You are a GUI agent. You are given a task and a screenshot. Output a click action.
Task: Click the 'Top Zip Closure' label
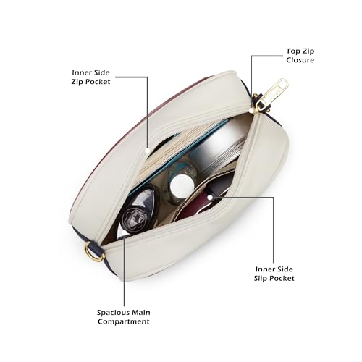coord(300,56)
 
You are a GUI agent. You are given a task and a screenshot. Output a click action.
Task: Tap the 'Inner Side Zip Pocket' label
coord(90,77)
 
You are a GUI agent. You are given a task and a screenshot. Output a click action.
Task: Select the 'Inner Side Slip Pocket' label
coord(274,274)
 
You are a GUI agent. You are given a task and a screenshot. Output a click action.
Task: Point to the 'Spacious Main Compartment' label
coord(124,317)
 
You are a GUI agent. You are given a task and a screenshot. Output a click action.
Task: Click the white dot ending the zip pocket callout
coord(148,151)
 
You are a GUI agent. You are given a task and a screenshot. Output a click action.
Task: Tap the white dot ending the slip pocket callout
coord(210,197)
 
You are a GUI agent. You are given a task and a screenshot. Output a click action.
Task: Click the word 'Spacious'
coord(113,313)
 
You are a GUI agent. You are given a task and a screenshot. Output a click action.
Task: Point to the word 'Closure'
coord(300,60)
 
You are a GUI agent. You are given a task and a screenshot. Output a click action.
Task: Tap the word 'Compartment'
coord(124,321)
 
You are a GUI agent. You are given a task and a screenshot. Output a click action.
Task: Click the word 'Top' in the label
coord(292,51)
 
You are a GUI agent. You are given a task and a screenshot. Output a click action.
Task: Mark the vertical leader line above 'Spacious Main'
coord(125,271)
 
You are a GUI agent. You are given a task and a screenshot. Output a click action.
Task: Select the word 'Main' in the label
coord(141,313)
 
